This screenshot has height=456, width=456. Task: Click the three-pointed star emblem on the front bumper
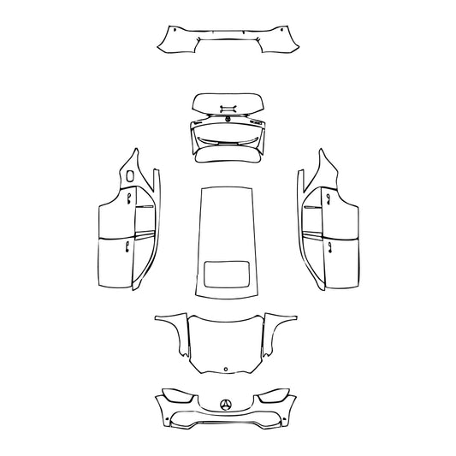[x=226, y=405]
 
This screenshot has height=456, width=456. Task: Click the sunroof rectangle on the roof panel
[x=226, y=275]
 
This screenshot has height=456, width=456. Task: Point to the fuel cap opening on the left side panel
[x=129, y=175]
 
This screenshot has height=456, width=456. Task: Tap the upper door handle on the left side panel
[x=127, y=198]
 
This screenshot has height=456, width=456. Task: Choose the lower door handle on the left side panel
[x=127, y=248]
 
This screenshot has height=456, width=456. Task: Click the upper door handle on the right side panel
[x=325, y=198]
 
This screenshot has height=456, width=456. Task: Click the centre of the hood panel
[x=226, y=341]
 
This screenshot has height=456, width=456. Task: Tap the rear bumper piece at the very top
[x=227, y=38]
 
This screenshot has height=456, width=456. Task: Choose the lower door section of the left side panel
[x=115, y=261]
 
